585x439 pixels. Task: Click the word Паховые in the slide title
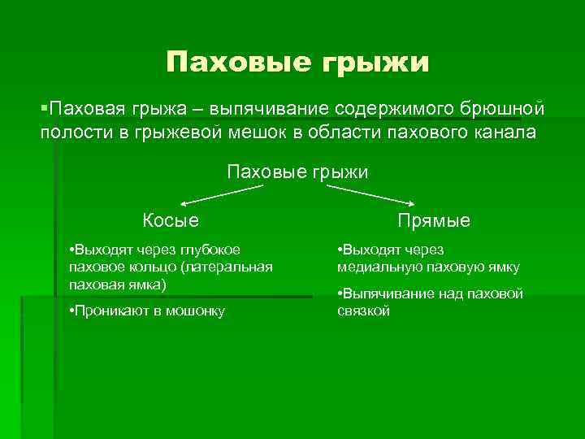coord(230,63)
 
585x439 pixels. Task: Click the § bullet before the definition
coord(45,109)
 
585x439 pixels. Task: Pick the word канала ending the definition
coord(505,133)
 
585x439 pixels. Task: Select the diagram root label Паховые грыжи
coord(297,172)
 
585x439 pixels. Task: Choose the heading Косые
coord(171,220)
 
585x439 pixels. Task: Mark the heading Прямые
coord(434,220)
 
